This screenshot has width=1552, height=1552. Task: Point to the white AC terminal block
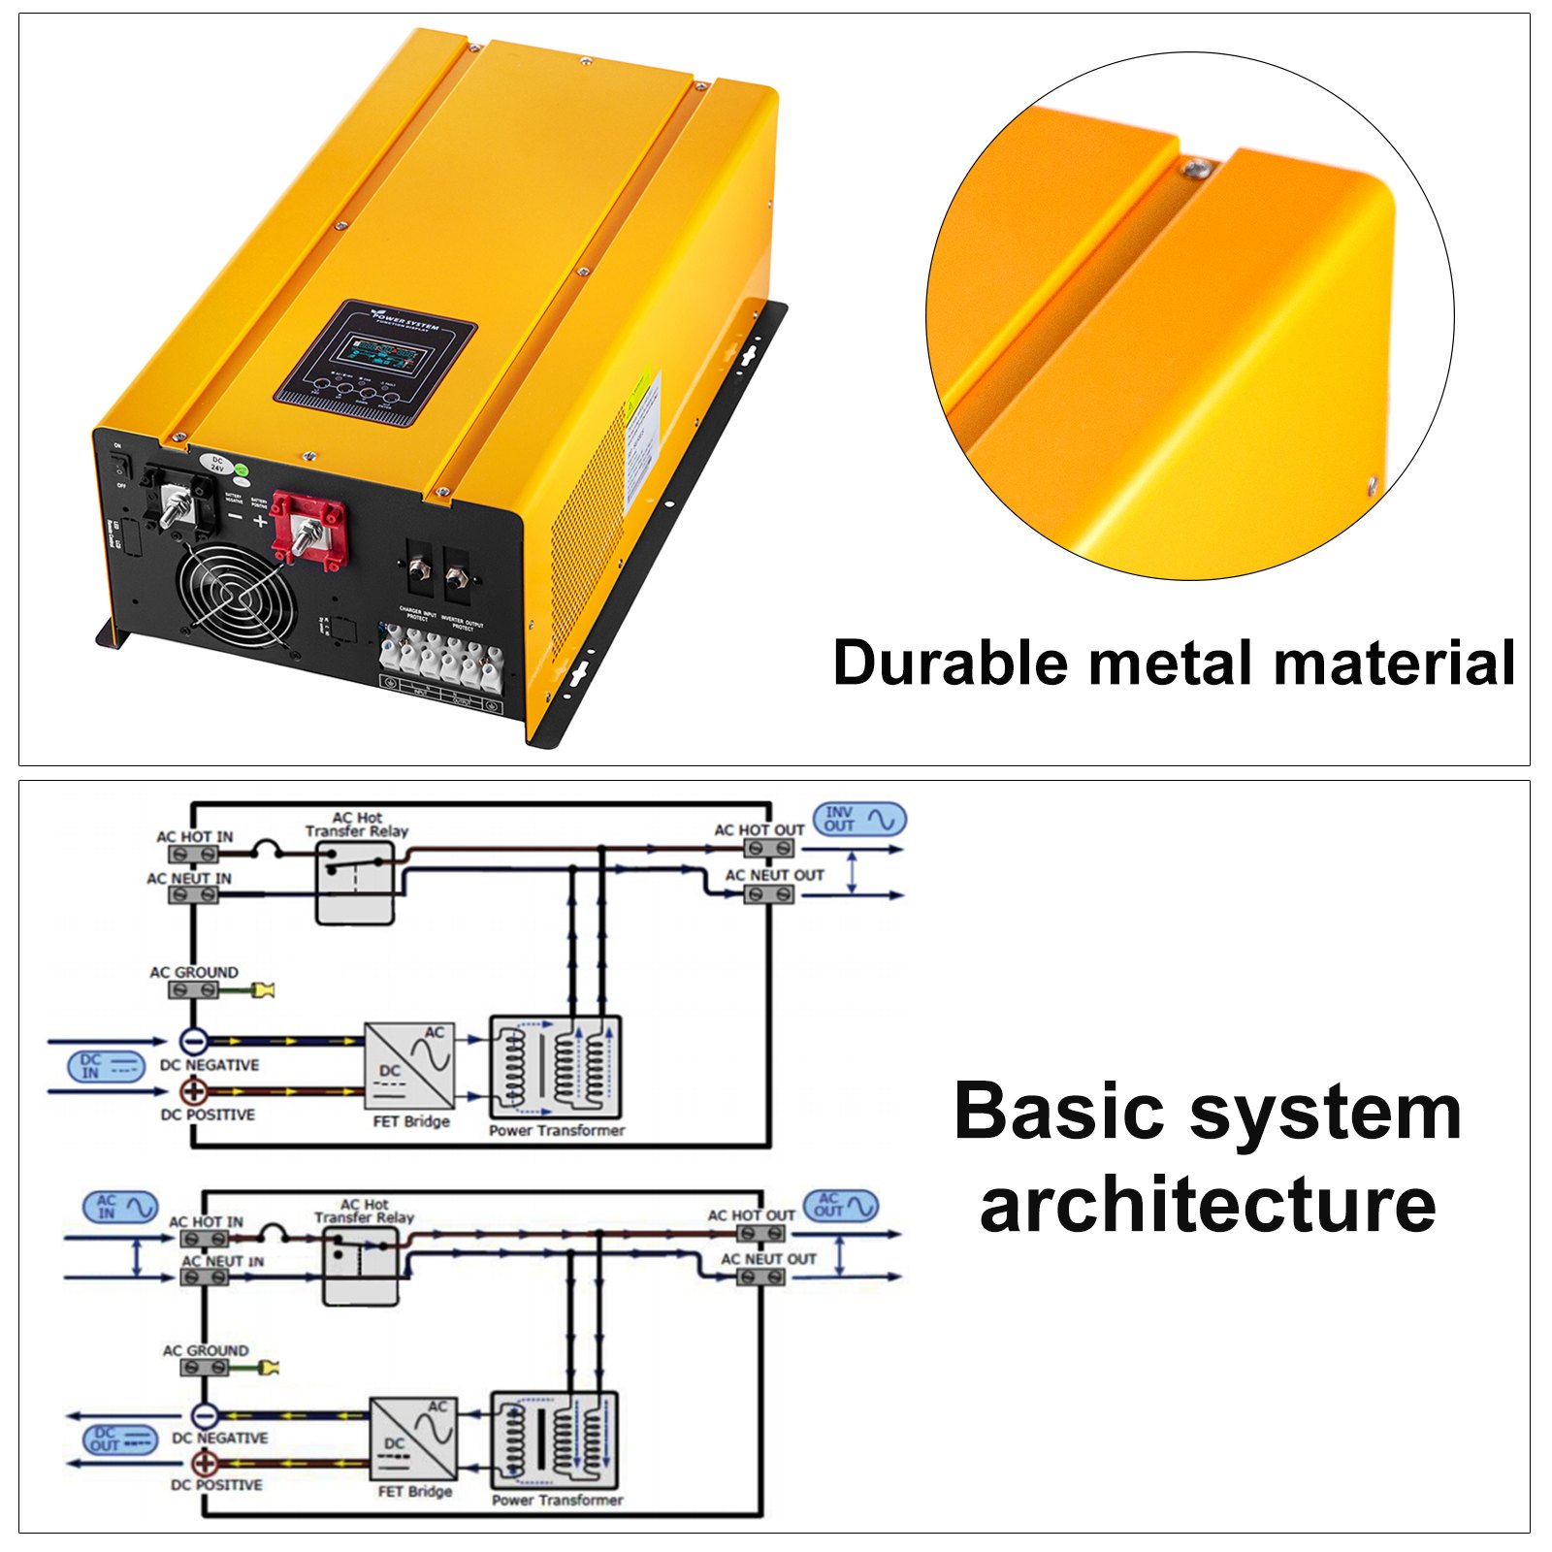coord(441,660)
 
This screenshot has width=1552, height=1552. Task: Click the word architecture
coord(1207,1205)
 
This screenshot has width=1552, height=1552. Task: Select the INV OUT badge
coord(859,820)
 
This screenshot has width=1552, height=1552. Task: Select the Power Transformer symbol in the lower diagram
coord(555,1439)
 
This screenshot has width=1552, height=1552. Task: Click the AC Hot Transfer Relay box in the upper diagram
coord(356,882)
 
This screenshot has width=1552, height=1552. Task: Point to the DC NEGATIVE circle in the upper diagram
coord(194,1042)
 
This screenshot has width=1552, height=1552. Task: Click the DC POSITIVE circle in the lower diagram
coord(205,1463)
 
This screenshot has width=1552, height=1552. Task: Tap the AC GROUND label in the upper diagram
coord(194,972)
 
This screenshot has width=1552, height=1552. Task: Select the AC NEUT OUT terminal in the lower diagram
coord(760,1277)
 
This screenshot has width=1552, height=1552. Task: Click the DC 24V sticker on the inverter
coord(217,463)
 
